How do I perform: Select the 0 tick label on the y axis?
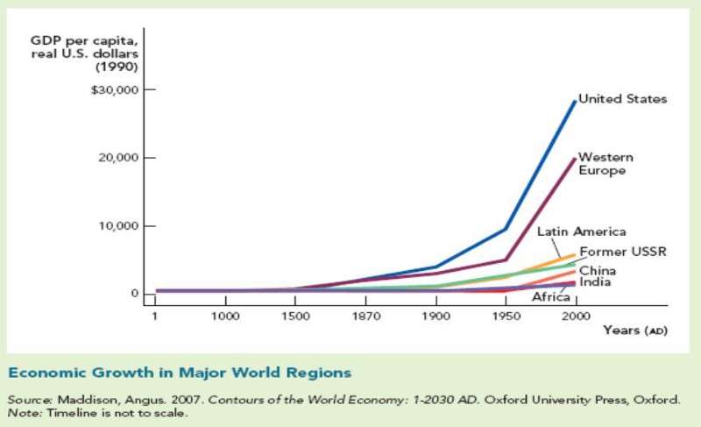coord(135,294)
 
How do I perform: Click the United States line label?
coord(623,99)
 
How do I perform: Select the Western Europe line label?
coord(605,164)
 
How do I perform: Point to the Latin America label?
coord(581,231)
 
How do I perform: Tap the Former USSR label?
coord(623,253)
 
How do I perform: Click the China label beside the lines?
coord(597,270)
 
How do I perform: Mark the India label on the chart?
coord(595,282)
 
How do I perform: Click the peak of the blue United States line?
coord(575,101)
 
